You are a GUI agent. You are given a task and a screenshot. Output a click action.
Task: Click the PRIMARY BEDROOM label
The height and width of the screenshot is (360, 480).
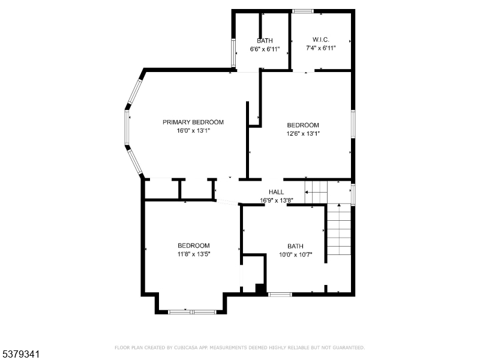[x=193, y=122]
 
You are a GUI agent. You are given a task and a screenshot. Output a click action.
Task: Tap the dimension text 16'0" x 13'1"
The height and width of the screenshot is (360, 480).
[x=193, y=130]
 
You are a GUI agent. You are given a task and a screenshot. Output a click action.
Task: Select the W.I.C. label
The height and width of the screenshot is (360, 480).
[x=320, y=40]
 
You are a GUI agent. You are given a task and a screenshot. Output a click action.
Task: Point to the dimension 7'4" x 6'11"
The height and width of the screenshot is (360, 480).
[x=320, y=48]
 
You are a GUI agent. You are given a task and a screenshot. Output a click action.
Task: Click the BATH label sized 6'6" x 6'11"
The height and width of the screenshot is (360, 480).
[x=265, y=40]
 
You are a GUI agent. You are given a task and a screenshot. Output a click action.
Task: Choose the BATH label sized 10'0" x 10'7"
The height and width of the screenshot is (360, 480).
[x=295, y=246]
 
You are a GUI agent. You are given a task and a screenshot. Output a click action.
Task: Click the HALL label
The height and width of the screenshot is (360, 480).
[x=276, y=192]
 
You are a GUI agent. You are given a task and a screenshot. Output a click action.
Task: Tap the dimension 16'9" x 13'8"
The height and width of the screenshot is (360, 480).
[x=276, y=200]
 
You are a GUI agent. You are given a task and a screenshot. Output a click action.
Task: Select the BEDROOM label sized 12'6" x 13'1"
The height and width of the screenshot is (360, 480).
[x=302, y=125]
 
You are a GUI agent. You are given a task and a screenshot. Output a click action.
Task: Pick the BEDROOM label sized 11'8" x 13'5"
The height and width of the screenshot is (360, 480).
[x=193, y=245]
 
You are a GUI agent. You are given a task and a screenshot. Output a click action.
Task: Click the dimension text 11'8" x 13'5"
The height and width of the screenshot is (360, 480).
[x=193, y=254]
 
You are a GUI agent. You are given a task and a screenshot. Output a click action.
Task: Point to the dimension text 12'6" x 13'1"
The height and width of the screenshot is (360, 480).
[x=302, y=134]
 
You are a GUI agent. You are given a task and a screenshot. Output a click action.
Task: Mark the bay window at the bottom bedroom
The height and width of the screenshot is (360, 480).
[x=192, y=311]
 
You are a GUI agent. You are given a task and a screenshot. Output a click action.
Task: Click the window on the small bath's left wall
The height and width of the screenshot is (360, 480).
[x=233, y=53]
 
